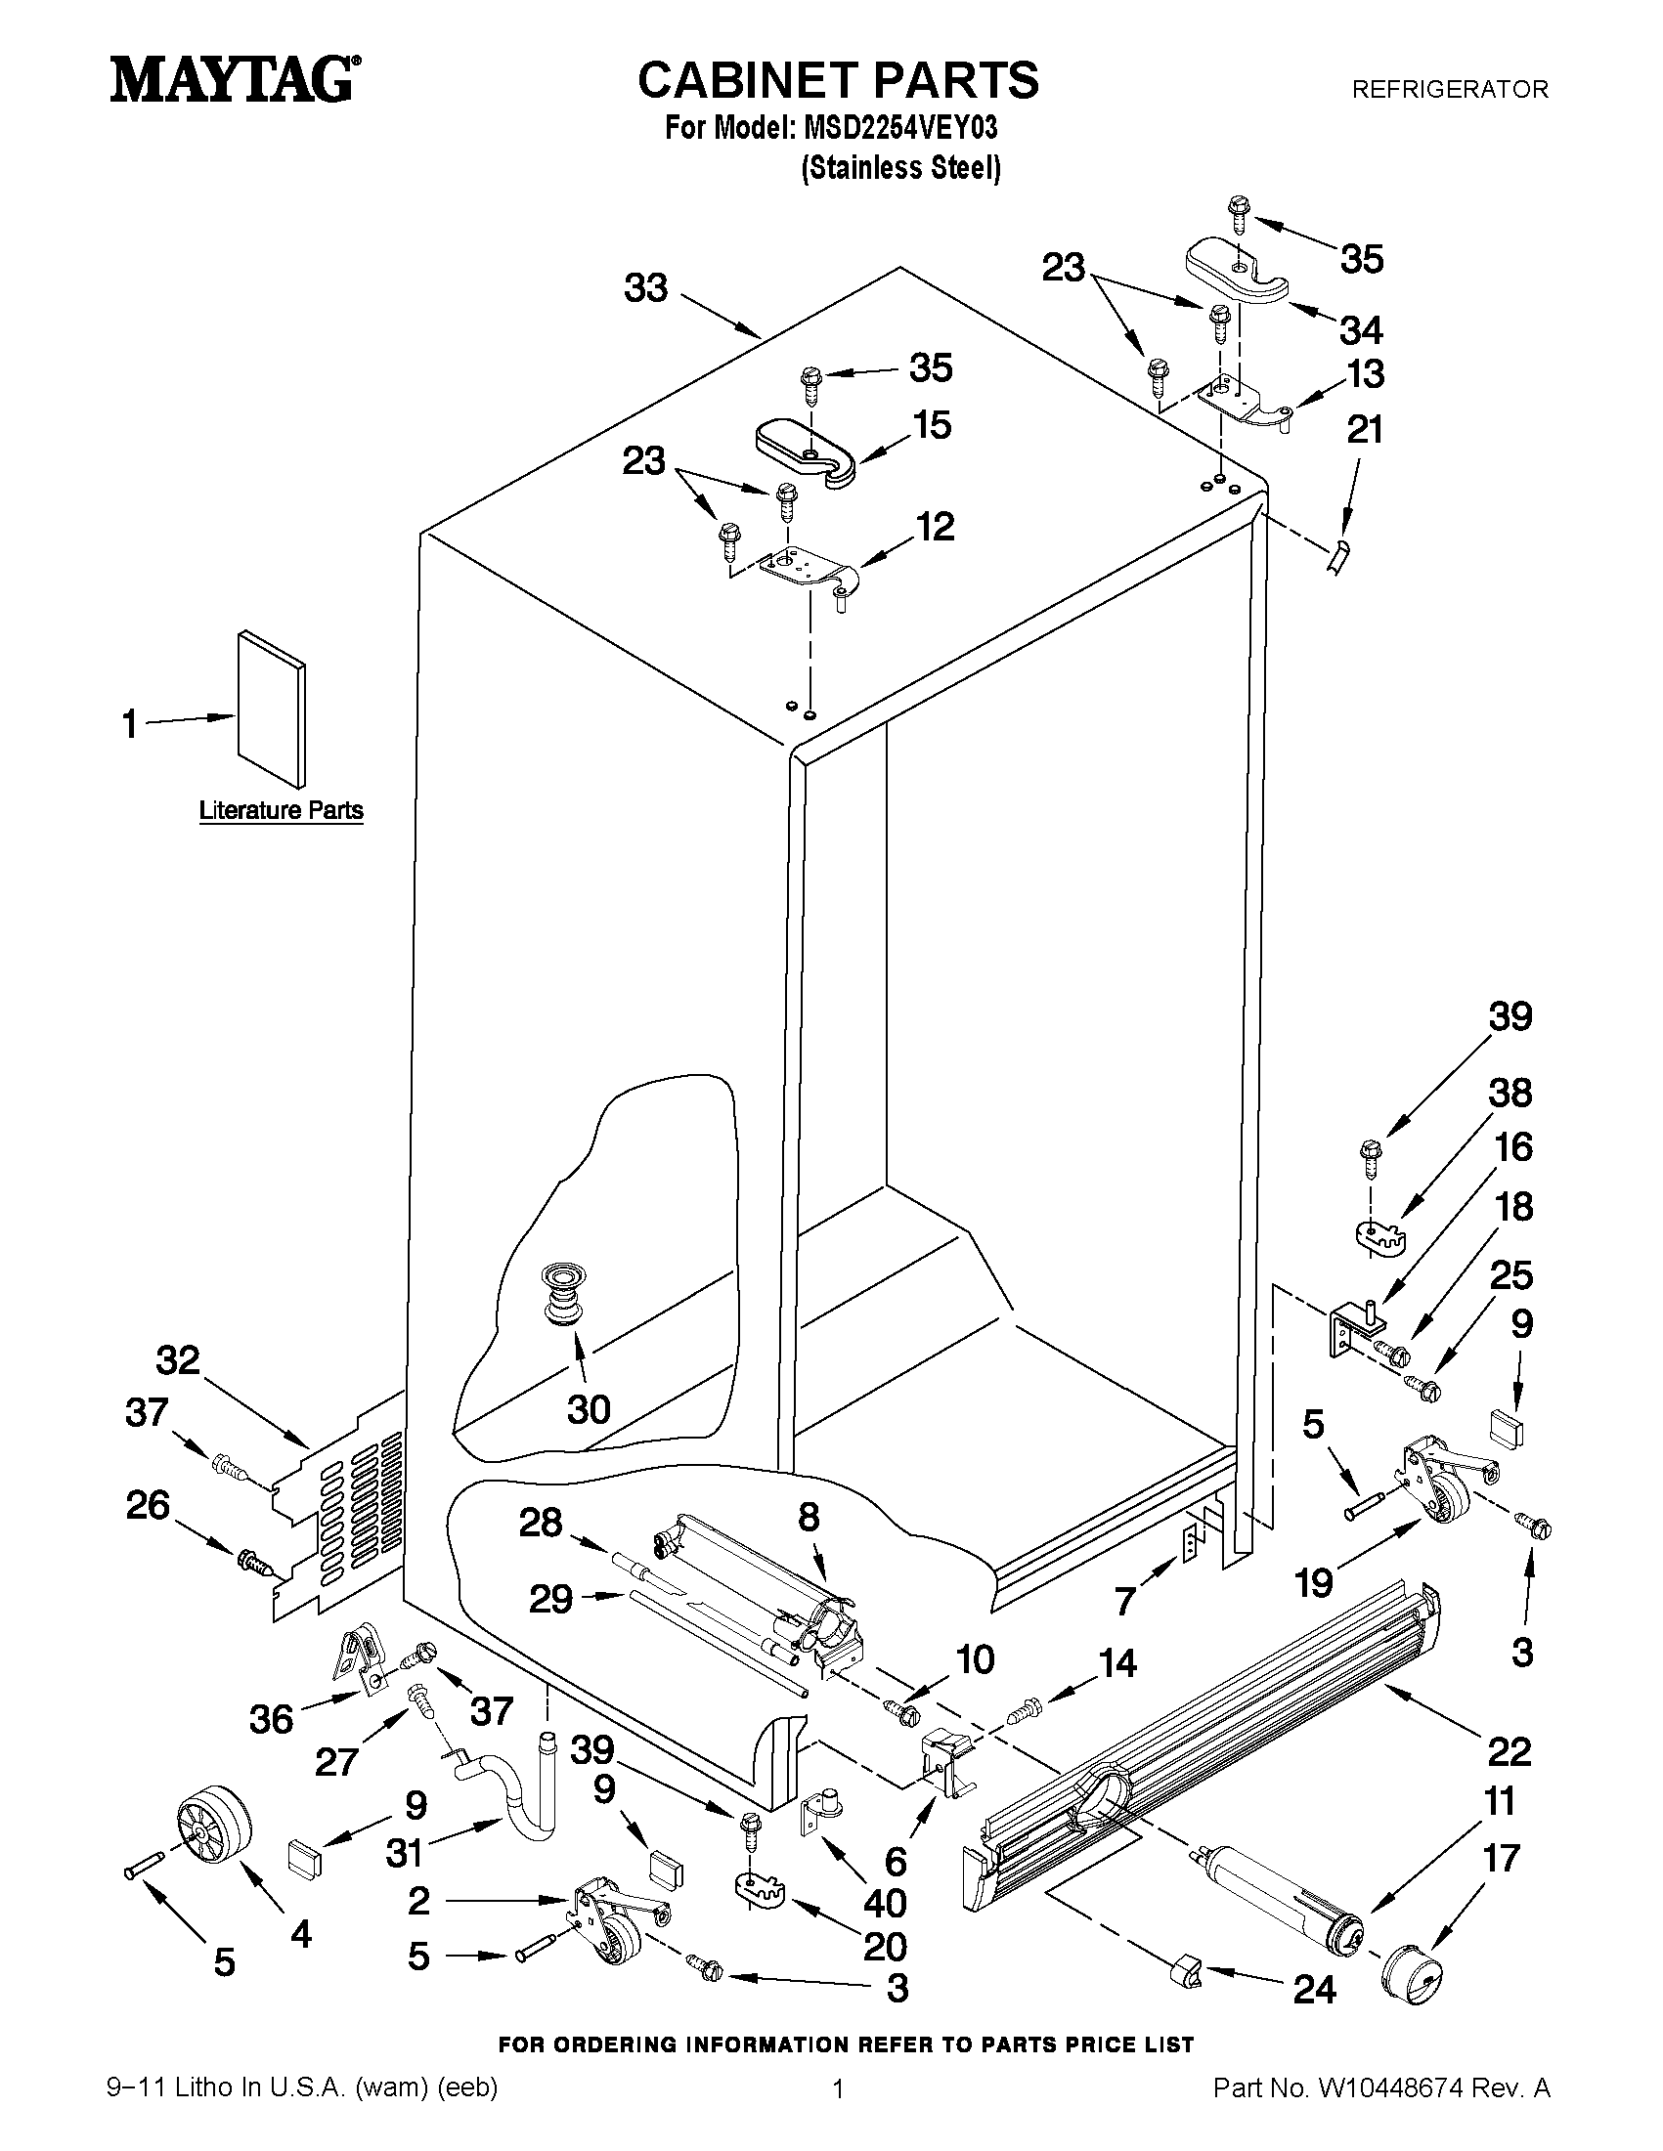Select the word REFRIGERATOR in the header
coord(1449,90)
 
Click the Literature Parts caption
coord(281,810)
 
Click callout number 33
coord(646,287)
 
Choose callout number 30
coord(589,1409)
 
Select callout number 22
coord(1509,1751)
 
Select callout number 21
coord(1365,429)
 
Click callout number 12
coord(935,527)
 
